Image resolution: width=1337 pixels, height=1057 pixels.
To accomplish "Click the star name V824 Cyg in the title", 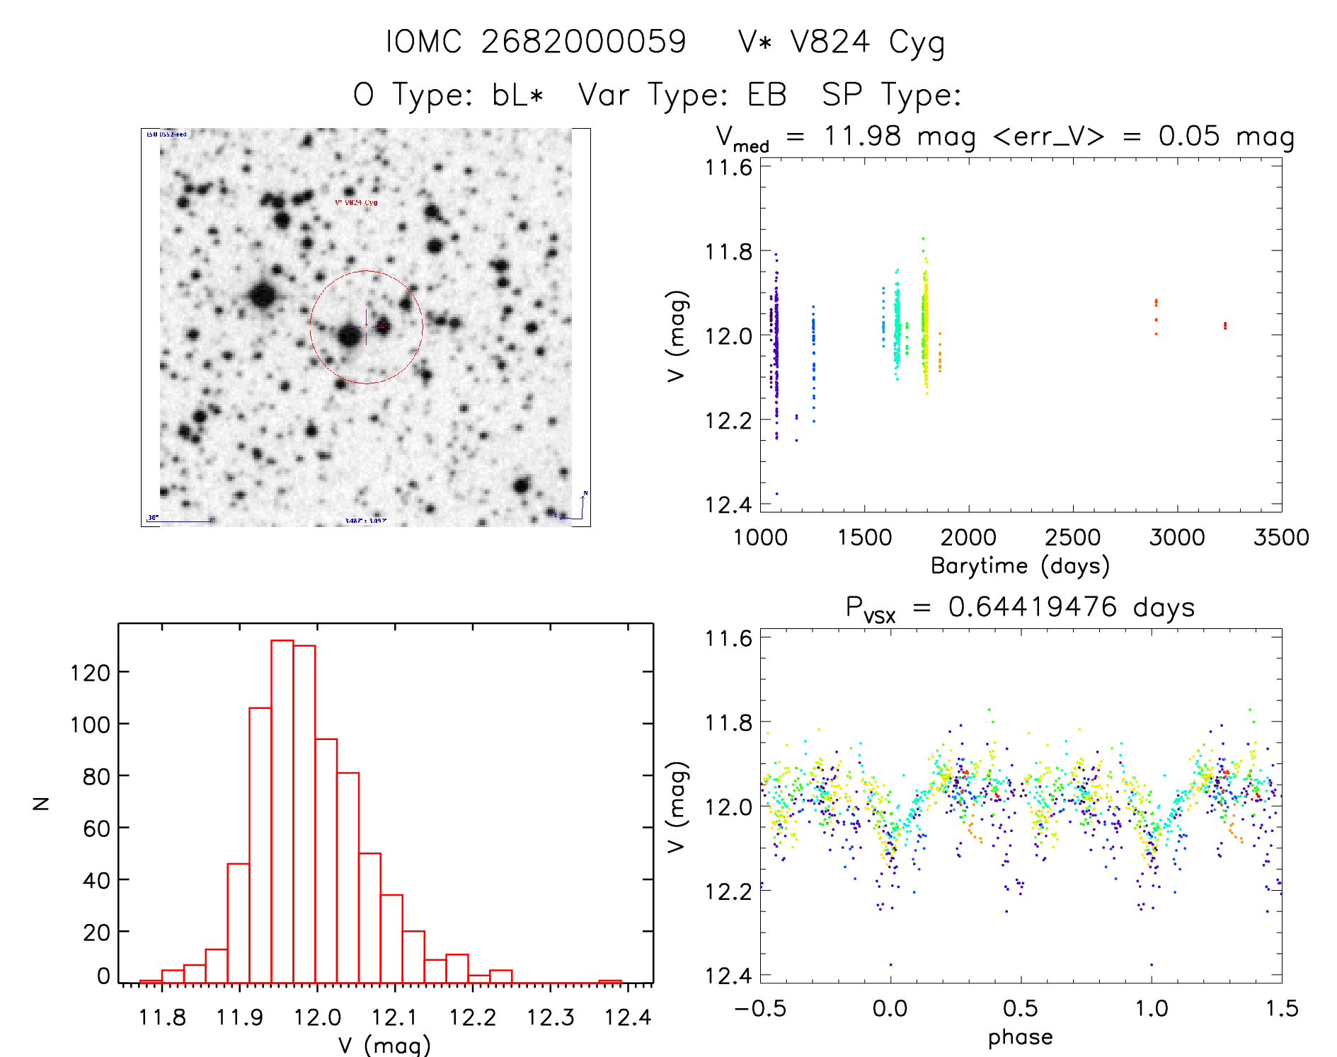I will [866, 42].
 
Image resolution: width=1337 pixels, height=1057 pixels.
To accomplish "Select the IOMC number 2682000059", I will [583, 42].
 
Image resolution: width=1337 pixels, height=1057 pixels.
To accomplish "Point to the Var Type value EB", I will [767, 95].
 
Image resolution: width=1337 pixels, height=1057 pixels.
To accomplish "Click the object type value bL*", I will [517, 95].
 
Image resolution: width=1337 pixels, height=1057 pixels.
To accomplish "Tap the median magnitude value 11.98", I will [862, 136].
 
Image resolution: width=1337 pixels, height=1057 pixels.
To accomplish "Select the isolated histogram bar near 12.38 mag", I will [609, 981].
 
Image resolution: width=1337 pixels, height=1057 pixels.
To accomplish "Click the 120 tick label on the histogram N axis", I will [90, 672].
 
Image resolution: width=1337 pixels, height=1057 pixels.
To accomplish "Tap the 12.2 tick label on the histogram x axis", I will [473, 1017].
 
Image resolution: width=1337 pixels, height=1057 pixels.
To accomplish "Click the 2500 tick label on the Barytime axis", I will [1072, 537].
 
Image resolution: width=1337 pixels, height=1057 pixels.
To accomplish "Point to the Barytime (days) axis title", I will [1020, 566].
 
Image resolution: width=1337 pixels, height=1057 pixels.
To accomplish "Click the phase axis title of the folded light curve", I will [1020, 1037].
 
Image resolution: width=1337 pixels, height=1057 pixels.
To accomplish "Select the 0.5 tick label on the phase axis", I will [1020, 1008].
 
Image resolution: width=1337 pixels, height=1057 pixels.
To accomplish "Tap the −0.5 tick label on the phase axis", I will [760, 1008].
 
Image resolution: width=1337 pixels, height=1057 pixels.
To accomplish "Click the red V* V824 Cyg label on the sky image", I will [356, 202].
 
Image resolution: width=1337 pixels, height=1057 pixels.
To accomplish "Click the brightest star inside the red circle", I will [350, 335].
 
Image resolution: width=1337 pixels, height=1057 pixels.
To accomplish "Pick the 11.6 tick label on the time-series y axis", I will [728, 168].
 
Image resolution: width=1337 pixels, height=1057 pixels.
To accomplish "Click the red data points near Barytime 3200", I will [1224, 325].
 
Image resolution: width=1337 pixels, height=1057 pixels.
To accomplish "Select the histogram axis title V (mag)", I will [384, 1045].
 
